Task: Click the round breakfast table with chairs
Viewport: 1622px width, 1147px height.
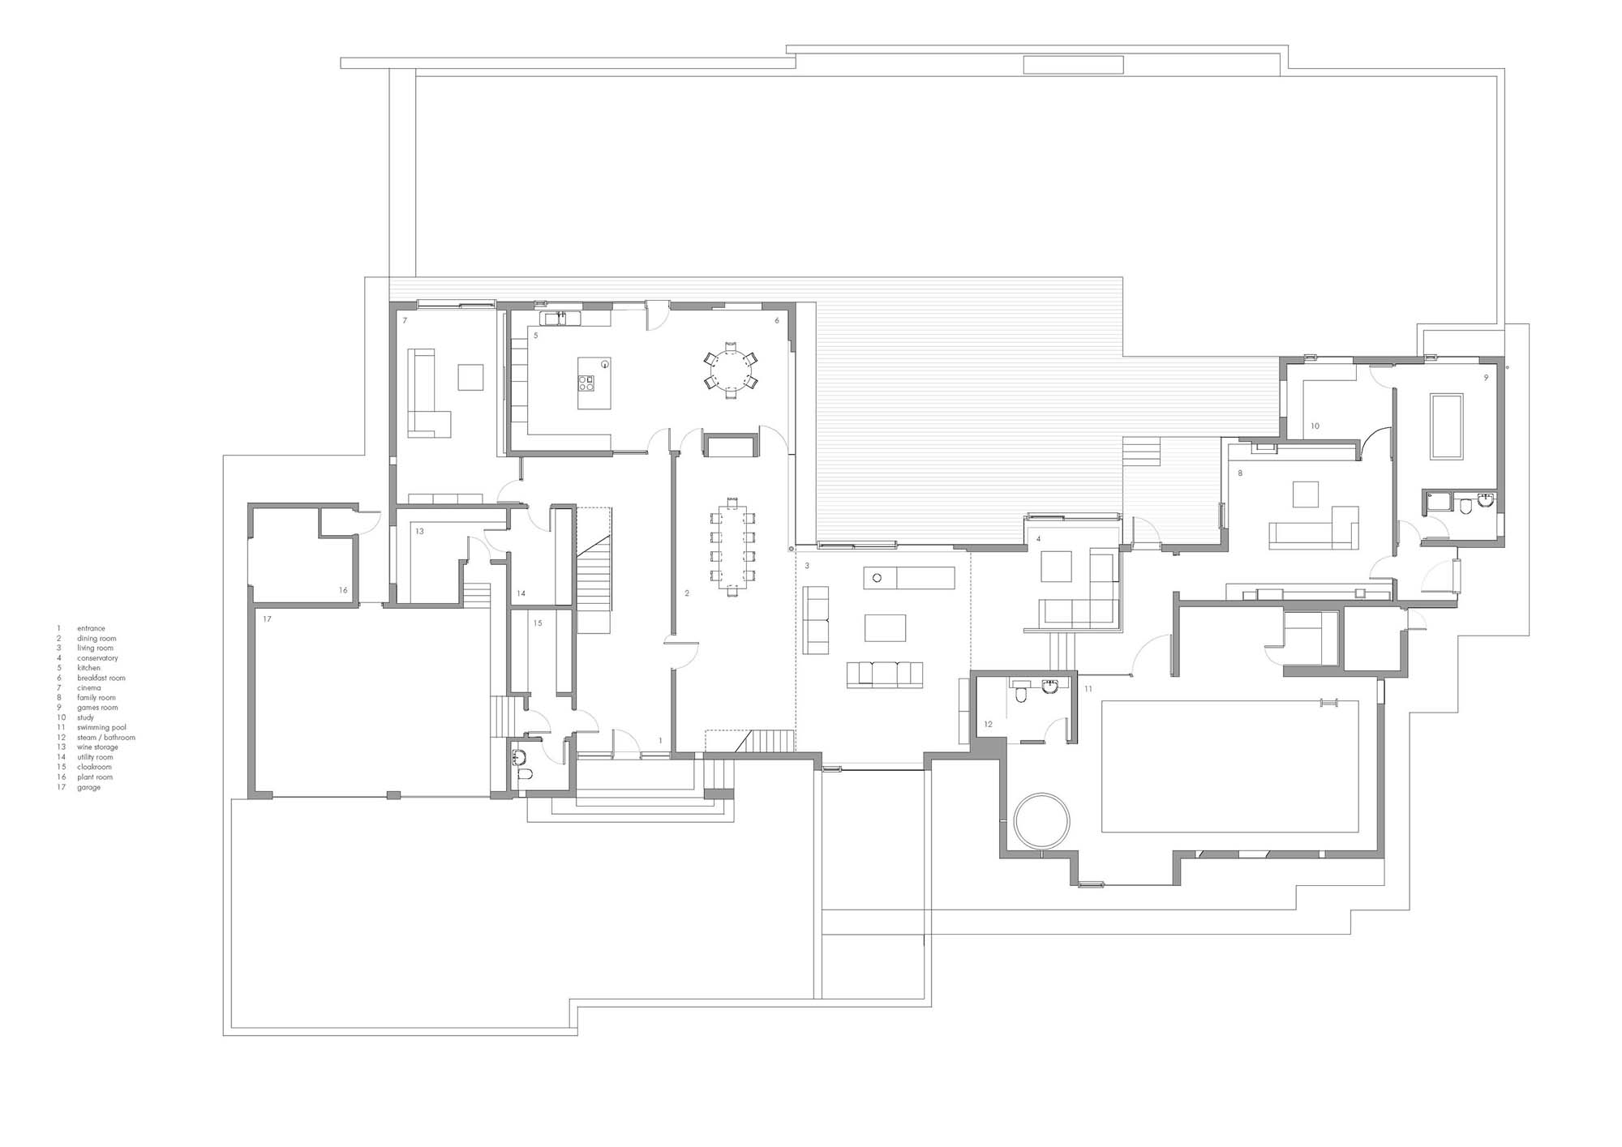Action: pyautogui.click(x=731, y=371)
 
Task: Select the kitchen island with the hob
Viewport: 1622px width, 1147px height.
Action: pyautogui.click(x=594, y=383)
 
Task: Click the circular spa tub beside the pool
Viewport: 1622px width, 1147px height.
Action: pyautogui.click(x=1041, y=822)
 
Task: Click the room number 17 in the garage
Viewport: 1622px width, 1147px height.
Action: pyautogui.click(x=267, y=619)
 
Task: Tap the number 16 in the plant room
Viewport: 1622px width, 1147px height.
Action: pyautogui.click(x=343, y=590)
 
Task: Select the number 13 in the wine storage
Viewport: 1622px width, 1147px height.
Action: pyautogui.click(x=419, y=532)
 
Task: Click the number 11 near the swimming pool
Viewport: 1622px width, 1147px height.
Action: pyautogui.click(x=1088, y=689)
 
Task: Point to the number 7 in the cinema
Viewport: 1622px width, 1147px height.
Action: pyautogui.click(x=405, y=321)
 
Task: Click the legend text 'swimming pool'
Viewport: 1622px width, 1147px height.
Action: pyautogui.click(x=102, y=728)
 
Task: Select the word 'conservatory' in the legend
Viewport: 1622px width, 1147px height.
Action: pyautogui.click(x=98, y=658)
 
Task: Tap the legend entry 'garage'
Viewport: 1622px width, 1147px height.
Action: pyautogui.click(x=89, y=787)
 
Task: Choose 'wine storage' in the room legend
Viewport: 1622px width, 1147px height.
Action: pyautogui.click(x=98, y=747)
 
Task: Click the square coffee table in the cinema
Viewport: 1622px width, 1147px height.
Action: pyautogui.click(x=470, y=378)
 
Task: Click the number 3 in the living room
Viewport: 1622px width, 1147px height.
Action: pyautogui.click(x=807, y=566)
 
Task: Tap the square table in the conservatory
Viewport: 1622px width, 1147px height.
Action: pyautogui.click(x=1056, y=567)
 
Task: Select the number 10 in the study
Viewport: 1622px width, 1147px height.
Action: pyautogui.click(x=1315, y=426)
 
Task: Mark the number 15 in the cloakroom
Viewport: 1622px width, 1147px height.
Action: pyautogui.click(x=538, y=623)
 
